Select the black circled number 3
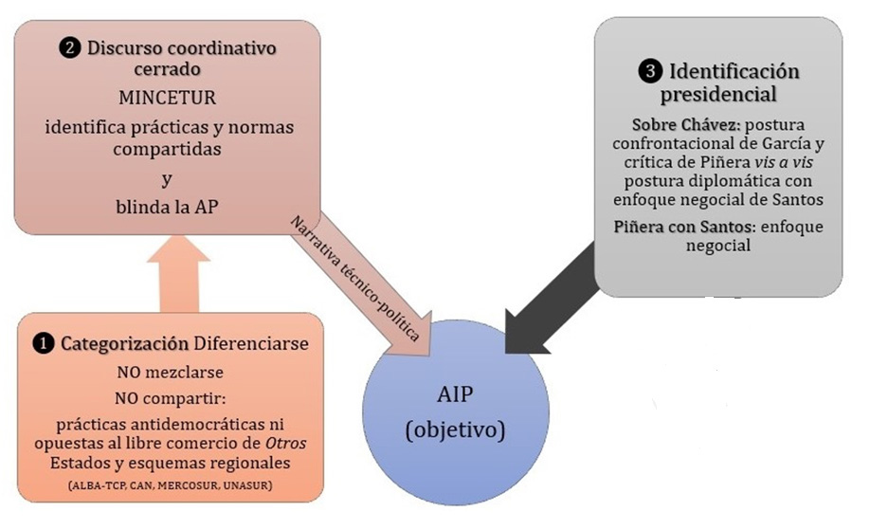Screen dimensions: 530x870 [x=647, y=71]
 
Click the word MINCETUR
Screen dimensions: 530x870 [x=168, y=99]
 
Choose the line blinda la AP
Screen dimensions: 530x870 [x=166, y=209]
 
